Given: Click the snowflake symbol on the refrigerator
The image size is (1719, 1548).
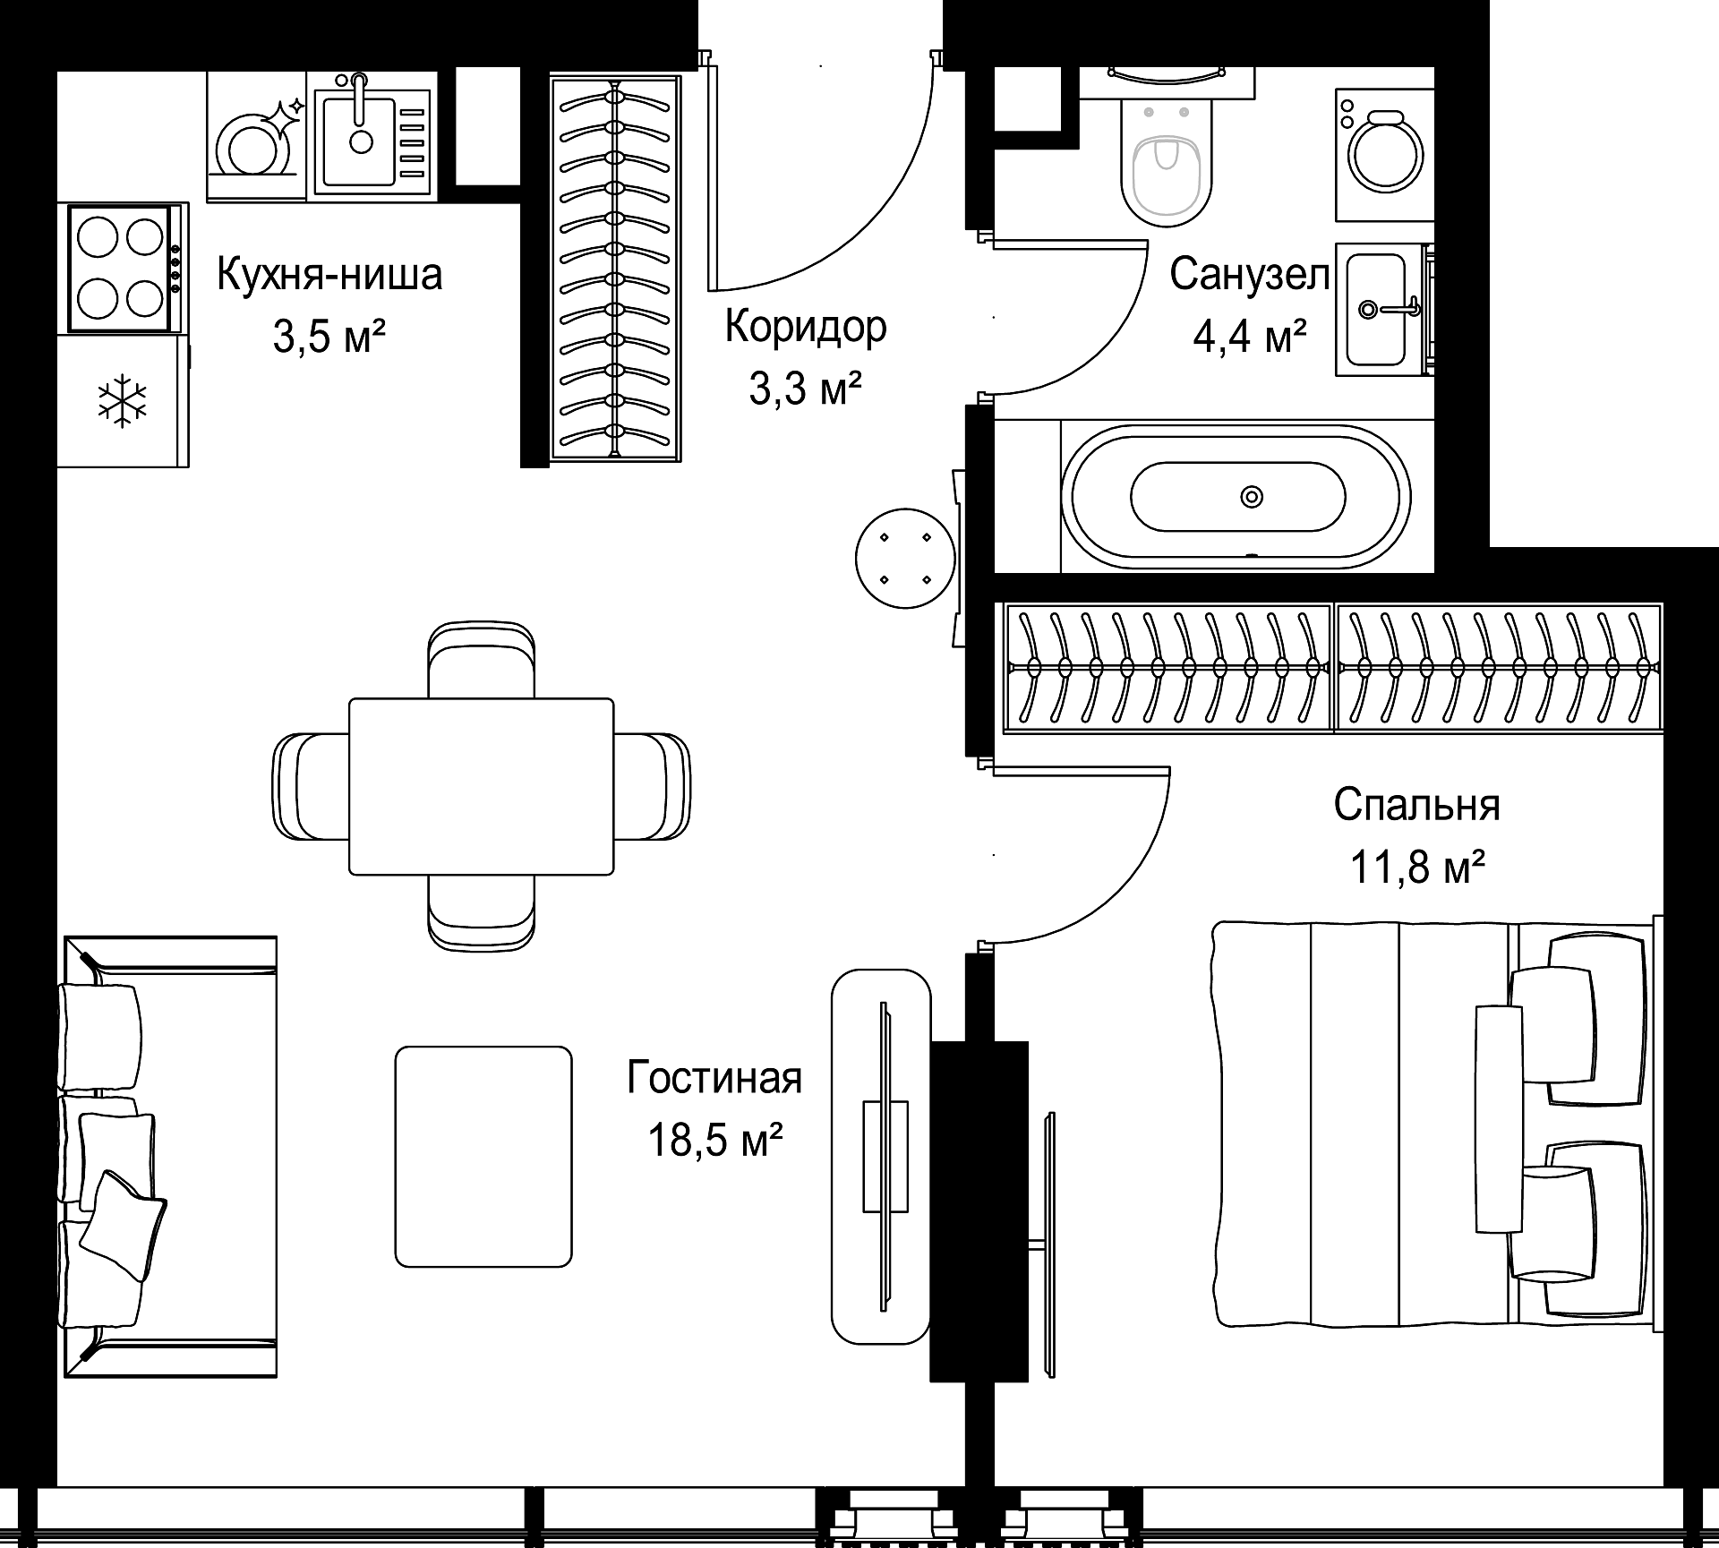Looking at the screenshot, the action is [123, 400].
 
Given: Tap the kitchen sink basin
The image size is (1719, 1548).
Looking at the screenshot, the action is [358, 141].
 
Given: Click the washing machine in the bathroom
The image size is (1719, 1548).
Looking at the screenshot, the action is [1384, 154].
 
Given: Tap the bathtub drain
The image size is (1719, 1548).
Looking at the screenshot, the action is [1251, 496].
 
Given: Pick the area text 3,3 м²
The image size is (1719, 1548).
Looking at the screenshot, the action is [806, 389].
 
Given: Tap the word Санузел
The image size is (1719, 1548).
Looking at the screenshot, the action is [1250, 275].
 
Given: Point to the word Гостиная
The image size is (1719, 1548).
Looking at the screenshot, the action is [714, 1078].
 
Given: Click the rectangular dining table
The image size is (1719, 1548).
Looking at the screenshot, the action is [482, 786].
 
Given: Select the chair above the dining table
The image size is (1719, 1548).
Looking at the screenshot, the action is [482, 660].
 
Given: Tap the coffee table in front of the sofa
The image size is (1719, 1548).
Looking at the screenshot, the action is [483, 1157].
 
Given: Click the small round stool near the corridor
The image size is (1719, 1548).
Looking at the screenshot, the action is [905, 559].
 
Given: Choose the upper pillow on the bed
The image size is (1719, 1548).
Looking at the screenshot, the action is [1578, 1021].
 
